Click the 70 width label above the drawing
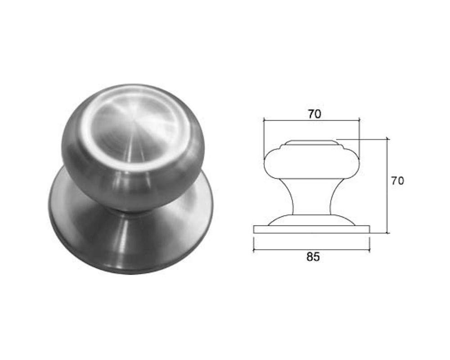(315, 114)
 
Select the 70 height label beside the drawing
(397, 181)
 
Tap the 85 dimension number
(313, 256)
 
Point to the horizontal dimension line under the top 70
(312, 121)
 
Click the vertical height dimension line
(387, 186)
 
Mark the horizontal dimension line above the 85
(311, 251)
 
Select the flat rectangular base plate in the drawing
(312, 229)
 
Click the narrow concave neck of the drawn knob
(312, 197)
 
